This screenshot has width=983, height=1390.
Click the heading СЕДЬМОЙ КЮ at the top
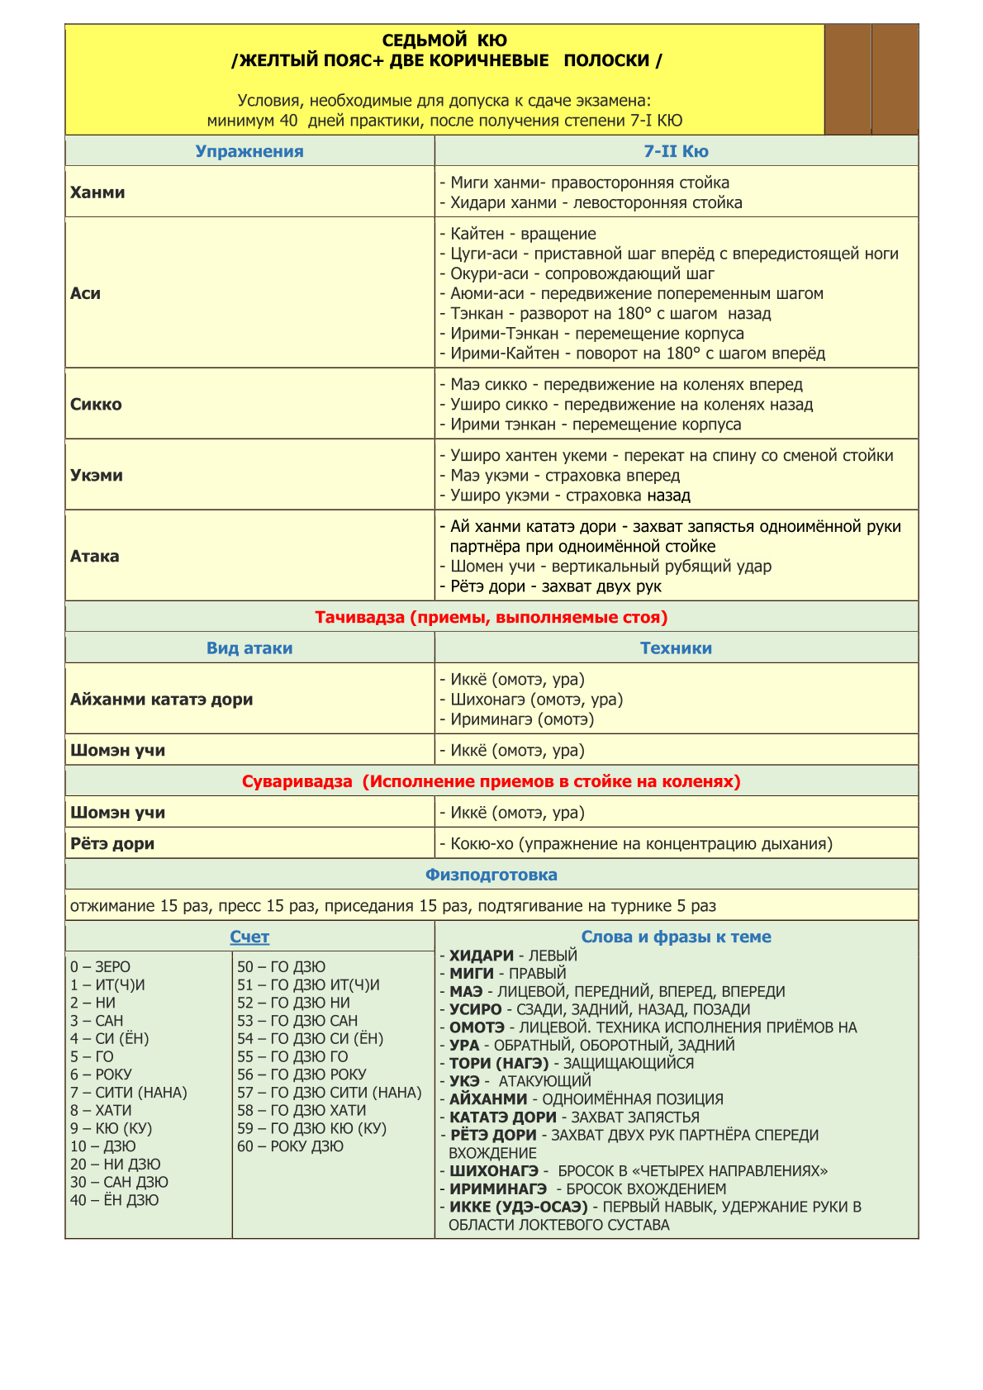click(444, 40)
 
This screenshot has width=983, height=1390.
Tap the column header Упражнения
click(249, 151)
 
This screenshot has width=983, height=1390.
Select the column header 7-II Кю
click(676, 151)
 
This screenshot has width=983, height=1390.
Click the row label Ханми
click(97, 192)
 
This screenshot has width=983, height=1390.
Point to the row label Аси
click(86, 293)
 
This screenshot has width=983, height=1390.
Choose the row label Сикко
click(96, 405)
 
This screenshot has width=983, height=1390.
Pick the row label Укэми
click(97, 475)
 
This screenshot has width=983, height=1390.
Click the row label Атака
click(95, 556)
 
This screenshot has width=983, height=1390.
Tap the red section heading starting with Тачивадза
click(491, 617)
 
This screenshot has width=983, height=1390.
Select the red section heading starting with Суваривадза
click(491, 781)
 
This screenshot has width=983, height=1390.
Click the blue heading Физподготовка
click(491, 875)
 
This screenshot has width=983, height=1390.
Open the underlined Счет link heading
click(249, 937)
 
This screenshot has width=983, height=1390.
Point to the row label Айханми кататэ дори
click(162, 700)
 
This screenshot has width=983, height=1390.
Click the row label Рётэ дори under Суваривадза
click(112, 843)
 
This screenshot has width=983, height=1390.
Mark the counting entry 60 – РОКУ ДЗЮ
click(291, 1146)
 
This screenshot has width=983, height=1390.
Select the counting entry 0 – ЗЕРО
click(100, 966)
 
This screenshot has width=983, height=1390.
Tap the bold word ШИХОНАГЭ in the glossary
click(493, 1171)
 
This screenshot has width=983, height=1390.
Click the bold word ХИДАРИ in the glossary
click(482, 956)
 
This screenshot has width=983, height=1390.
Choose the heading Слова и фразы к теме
click(676, 937)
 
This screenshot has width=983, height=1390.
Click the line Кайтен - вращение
click(523, 234)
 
